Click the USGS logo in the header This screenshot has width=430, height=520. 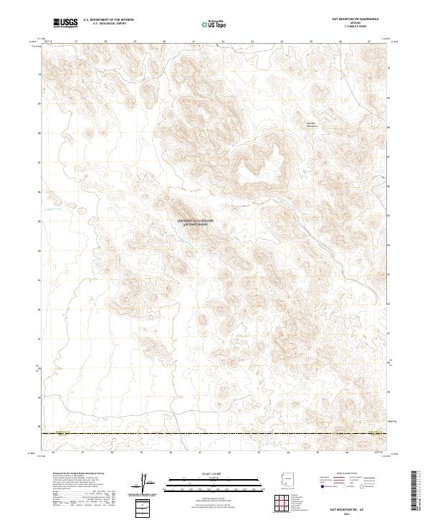point(64,22)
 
